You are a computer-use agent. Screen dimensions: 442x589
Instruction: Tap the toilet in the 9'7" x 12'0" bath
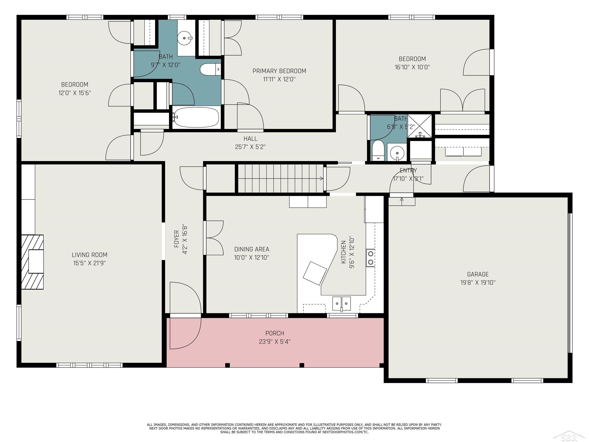pyautogui.click(x=210, y=69)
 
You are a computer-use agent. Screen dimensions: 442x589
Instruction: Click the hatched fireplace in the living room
pyautogui.click(x=32, y=262)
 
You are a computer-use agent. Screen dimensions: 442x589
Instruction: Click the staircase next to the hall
pyautogui.click(x=280, y=178)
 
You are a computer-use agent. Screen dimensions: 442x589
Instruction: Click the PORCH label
pyautogui.click(x=275, y=333)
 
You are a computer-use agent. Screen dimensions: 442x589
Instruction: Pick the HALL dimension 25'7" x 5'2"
pyautogui.click(x=250, y=147)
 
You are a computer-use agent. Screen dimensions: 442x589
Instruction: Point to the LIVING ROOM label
pyautogui.click(x=90, y=255)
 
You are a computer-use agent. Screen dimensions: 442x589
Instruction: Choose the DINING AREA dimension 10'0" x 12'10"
pyautogui.click(x=251, y=257)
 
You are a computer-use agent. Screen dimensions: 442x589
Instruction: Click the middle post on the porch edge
pyautogui.click(x=302, y=365)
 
